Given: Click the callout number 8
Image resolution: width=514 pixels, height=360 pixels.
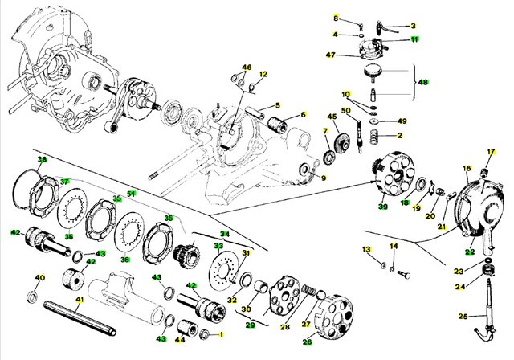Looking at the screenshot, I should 337,18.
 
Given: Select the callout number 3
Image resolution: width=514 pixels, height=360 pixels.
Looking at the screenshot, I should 414,26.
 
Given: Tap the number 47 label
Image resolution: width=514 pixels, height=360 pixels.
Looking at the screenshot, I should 330,55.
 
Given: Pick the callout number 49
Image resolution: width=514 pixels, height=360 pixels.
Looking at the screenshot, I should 402,121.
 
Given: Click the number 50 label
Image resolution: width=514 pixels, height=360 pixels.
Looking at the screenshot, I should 346,111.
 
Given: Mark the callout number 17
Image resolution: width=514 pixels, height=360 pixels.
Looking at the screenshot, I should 492,152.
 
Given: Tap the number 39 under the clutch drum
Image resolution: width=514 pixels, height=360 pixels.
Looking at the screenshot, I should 383,207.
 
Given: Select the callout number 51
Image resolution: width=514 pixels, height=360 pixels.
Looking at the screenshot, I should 131,194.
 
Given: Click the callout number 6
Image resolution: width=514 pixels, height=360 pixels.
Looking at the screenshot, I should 303,115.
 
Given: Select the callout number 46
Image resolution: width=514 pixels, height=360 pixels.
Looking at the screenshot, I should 247,67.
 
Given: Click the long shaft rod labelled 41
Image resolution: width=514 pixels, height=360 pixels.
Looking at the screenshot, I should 80,314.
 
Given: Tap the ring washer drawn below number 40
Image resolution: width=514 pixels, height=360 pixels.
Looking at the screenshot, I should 34,298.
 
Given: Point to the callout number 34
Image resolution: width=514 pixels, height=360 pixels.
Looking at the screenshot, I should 225,235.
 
